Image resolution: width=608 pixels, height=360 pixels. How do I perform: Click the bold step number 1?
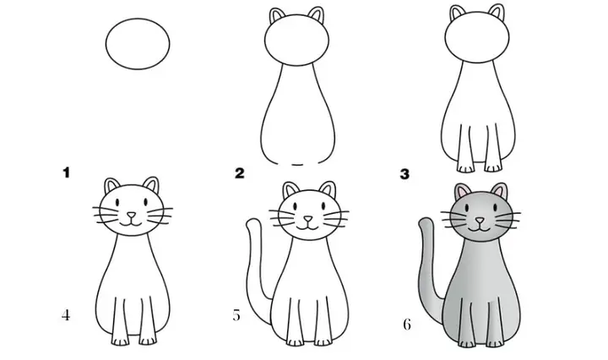tap(67, 172)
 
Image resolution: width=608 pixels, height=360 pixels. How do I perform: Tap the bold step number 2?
tap(240, 173)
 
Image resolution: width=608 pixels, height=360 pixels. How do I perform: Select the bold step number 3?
tap(404, 174)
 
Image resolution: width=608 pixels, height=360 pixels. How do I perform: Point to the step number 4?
tap(66, 315)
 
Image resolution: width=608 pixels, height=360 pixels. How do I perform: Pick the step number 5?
tap(236, 315)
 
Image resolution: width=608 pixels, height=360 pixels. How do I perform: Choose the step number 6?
tap(407, 325)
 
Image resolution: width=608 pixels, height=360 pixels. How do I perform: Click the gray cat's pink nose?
tap(480, 221)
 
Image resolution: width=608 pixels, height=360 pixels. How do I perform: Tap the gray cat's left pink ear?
tap(461, 192)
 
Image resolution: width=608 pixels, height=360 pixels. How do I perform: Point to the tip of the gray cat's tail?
tap(426, 220)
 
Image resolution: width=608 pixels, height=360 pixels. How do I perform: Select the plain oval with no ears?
tap(138, 44)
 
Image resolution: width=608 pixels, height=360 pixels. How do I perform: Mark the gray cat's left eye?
tap(467, 209)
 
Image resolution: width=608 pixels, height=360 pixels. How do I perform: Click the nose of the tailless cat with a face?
tap(132, 215)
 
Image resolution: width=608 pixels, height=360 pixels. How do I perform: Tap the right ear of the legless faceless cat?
tap(317, 15)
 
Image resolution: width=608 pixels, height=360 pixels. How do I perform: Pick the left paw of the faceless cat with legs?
tap(465, 168)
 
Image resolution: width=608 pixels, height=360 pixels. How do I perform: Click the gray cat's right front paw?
tap(494, 343)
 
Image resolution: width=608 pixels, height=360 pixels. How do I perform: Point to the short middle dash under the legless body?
tap(297, 166)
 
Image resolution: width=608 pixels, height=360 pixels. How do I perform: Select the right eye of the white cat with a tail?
tap(322, 206)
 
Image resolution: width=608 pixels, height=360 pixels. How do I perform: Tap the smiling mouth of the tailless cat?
tap(132, 223)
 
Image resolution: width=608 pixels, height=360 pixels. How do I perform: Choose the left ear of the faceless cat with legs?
tap(458, 14)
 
